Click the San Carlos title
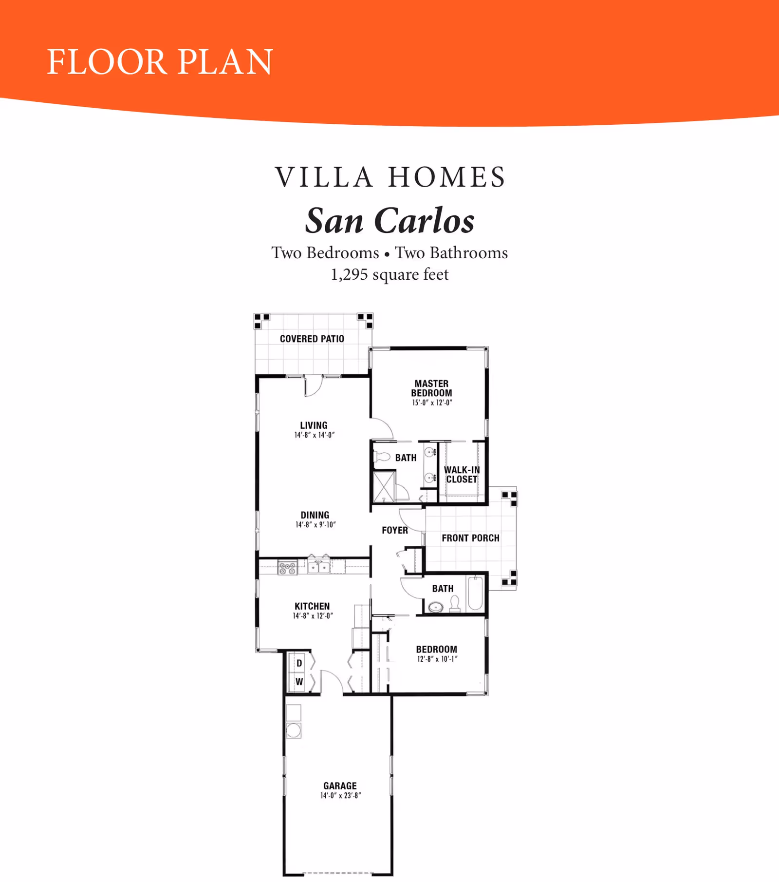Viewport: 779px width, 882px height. [390, 221]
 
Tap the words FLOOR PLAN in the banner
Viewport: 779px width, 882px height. [160, 62]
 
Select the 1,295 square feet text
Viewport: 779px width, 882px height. [389, 274]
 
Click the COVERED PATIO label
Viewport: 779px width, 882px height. [312, 339]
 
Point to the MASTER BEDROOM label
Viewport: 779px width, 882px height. [431, 388]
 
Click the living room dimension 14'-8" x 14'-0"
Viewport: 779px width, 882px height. [315, 435]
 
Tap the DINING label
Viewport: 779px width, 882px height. [315, 515]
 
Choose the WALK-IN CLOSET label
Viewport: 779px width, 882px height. [462, 475]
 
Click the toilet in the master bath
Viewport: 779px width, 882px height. [382, 457]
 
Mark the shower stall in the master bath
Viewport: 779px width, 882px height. [384, 486]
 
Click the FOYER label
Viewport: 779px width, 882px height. [395, 530]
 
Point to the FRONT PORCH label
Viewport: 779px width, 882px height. [471, 538]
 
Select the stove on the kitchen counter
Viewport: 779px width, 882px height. [287, 568]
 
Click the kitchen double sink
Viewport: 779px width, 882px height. [318, 567]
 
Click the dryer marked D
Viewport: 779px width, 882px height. [299, 663]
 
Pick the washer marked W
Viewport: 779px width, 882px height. [299, 682]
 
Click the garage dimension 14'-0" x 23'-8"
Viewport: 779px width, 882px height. [340, 796]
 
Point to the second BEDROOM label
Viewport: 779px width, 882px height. [437, 650]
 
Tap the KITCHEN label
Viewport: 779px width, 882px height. [312, 606]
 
